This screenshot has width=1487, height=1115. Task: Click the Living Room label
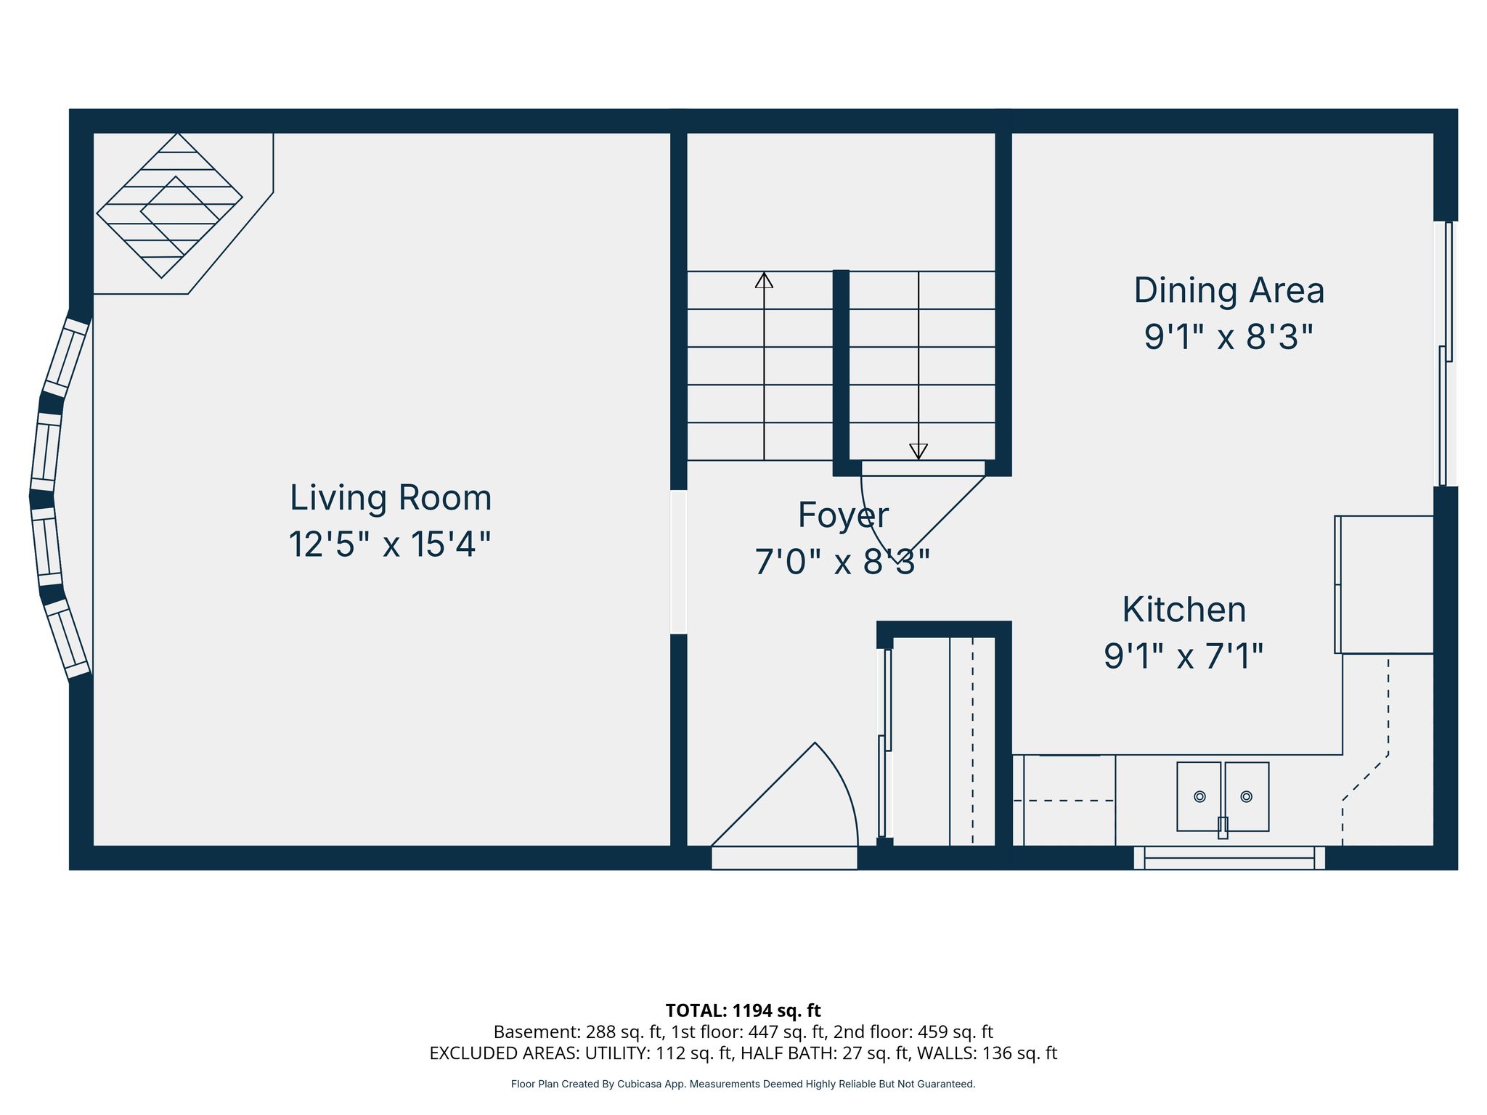pyautogui.click(x=391, y=498)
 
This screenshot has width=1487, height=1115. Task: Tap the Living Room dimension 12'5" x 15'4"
pyautogui.click(x=390, y=544)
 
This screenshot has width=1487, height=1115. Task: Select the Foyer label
pyautogui.click(x=843, y=515)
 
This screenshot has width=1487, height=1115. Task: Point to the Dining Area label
pyautogui.click(x=1229, y=290)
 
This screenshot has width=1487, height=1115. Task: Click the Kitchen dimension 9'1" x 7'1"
pyautogui.click(x=1184, y=656)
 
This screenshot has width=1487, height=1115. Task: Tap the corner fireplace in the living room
pyautogui.click(x=170, y=205)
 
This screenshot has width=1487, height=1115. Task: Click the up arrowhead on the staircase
pyautogui.click(x=764, y=280)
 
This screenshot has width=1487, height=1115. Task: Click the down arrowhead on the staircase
pyautogui.click(x=918, y=451)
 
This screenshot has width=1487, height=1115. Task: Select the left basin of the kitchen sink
pyautogui.click(x=1199, y=796)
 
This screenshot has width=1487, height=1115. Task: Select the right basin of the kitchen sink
pyautogui.click(x=1247, y=796)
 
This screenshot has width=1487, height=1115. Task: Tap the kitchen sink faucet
pyautogui.click(x=1223, y=828)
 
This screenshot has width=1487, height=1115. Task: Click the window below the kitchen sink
pyautogui.click(x=1229, y=858)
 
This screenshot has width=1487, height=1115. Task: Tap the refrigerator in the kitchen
pyautogui.click(x=1386, y=584)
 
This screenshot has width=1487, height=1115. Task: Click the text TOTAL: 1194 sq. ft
pyautogui.click(x=743, y=1010)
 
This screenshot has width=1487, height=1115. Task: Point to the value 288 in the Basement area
pyautogui.click(x=600, y=1032)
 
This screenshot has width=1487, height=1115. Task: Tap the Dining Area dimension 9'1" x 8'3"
pyautogui.click(x=1229, y=337)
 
